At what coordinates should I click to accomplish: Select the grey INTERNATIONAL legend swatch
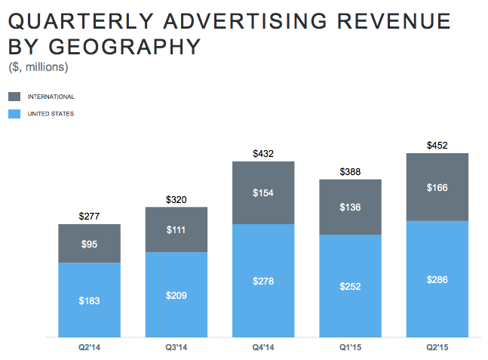[x=15, y=97]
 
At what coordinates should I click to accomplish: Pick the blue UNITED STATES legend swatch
[x=15, y=114]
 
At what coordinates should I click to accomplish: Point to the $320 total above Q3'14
[x=176, y=200]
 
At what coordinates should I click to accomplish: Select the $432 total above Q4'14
[x=262, y=154]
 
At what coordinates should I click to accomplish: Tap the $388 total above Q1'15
[x=350, y=172]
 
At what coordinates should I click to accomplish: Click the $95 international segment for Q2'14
[x=89, y=244]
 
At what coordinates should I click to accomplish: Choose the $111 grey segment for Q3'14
[x=176, y=229]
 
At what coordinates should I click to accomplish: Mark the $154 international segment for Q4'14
[x=262, y=193]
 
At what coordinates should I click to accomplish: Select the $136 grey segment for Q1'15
[x=350, y=208]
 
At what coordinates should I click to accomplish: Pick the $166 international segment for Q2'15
[x=437, y=187]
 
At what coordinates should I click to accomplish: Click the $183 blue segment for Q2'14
[x=89, y=300]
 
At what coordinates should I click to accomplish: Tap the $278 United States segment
[x=262, y=281]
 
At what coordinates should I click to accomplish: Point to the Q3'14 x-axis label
[x=176, y=348]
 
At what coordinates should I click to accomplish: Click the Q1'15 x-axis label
[x=350, y=348]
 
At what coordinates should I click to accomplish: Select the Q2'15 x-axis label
[x=437, y=348]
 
